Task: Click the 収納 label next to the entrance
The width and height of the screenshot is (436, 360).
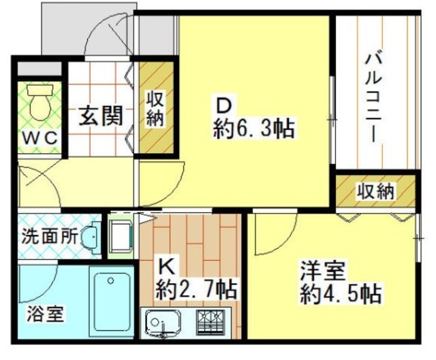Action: tap(155, 109)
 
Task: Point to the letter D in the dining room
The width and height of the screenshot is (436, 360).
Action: tap(225, 106)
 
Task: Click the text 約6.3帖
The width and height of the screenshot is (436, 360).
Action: tap(254, 129)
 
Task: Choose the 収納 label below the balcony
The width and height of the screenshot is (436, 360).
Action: tap(375, 193)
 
